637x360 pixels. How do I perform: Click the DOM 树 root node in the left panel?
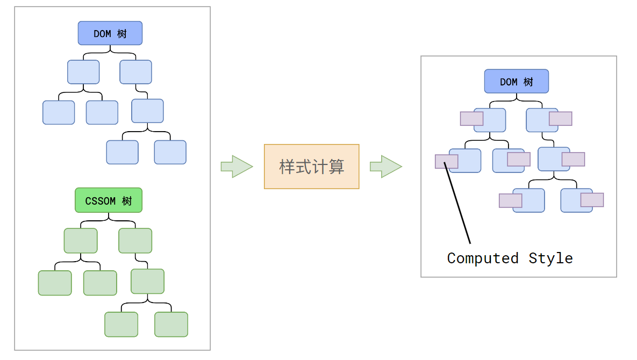pyautogui.click(x=110, y=33)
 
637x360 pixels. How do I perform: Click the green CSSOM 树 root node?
pyautogui.click(x=108, y=200)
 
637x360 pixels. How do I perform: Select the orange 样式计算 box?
pyautogui.click(x=311, y=167)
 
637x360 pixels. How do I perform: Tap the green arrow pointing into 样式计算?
pyautogui.click(x=236, y=167)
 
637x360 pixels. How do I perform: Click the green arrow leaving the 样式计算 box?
pyautogui.click(x=385, y=167)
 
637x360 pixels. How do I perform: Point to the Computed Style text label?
pyautogui.click(x=510, y=258)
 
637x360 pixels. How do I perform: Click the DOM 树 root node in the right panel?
pyautogui.click(x=516, y=81)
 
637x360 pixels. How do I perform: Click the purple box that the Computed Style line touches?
pyautogui.click(x=446, y=162)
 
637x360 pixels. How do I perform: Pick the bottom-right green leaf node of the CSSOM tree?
pyautogui.click(x=171, y=325)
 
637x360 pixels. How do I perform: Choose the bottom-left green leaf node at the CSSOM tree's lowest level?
pyautogui.click(x=121, y=325)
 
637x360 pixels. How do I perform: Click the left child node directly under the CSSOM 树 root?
pyautogui.click(x=81, y=241)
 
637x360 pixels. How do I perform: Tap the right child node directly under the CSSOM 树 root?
pyautogui.click(x=135, y=241)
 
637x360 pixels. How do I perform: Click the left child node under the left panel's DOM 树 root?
pyautogui.click(x=83, y=72)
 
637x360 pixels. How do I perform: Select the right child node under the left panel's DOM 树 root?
pyautogui.click(x=135, y=72)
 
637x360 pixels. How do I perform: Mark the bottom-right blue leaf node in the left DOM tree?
pyautogui.click(x=170, y=152)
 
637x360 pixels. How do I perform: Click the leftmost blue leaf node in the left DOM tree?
pyautogui.click(x=59, y=112)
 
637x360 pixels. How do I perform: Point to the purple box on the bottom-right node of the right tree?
pyautogui.click(x=592, y=200)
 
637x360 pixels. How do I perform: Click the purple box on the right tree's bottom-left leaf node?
pyautogui.click(x=510, y=200)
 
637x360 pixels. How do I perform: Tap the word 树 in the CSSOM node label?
pyautogui.click(x=127, y=201)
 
